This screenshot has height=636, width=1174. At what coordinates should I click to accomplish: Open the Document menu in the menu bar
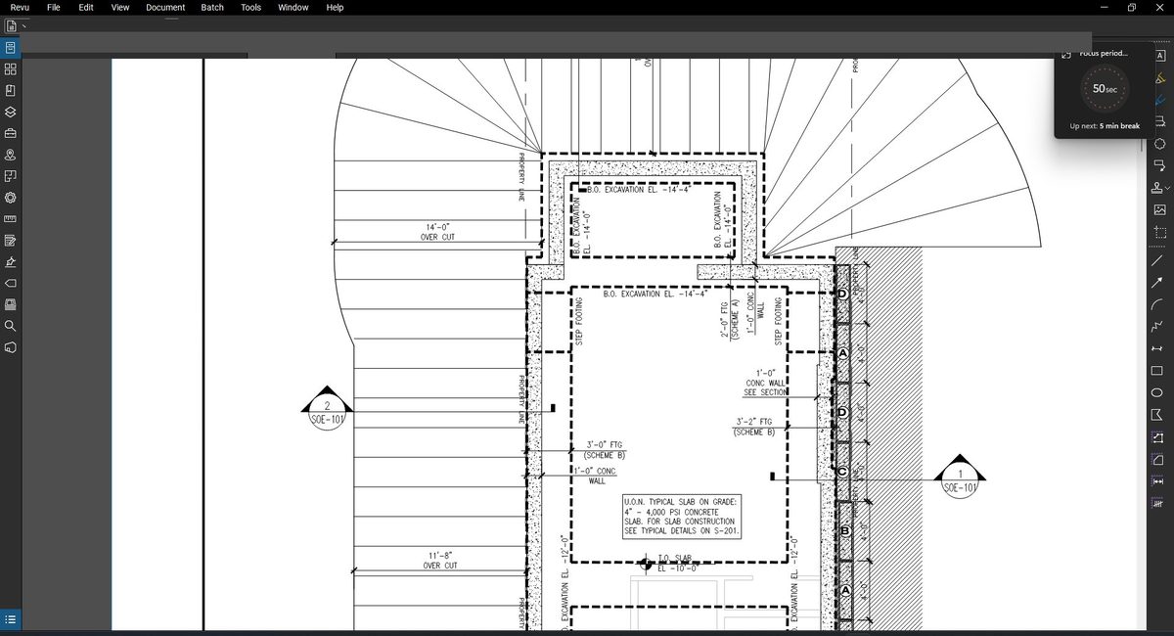pos(165,8)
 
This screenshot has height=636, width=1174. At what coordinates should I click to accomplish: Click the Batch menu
pos(212,8)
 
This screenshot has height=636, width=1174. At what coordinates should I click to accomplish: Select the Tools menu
pos(250,8)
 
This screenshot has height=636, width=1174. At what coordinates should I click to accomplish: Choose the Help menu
pos(335,8)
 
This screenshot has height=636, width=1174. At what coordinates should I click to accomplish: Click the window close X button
pos(1159,8)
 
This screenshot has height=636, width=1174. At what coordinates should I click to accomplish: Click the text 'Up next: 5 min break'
pos(1105,126)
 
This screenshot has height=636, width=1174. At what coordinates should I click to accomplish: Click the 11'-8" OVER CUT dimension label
pos(439,560)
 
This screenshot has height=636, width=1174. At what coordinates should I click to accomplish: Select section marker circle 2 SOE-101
pos(328,413)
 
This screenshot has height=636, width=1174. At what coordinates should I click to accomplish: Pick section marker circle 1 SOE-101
pos(960,480)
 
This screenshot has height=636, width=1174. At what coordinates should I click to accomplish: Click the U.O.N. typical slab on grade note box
pos(682,517)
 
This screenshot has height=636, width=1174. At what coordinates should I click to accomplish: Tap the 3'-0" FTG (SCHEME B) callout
pos(605,449)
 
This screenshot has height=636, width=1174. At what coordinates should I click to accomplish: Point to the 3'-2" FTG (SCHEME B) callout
pos(754,427)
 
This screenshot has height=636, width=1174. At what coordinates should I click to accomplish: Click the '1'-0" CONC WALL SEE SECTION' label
pos(765,383)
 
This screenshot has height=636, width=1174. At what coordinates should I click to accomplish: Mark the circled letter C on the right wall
pos(842,472)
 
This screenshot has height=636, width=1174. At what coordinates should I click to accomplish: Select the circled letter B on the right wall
pos(845,531)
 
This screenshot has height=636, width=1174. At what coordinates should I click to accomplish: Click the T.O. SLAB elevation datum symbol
pos(646,564)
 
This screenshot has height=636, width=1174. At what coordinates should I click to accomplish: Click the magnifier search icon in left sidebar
pos(11,326)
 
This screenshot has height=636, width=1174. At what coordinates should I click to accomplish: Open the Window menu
pos(293,8)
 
